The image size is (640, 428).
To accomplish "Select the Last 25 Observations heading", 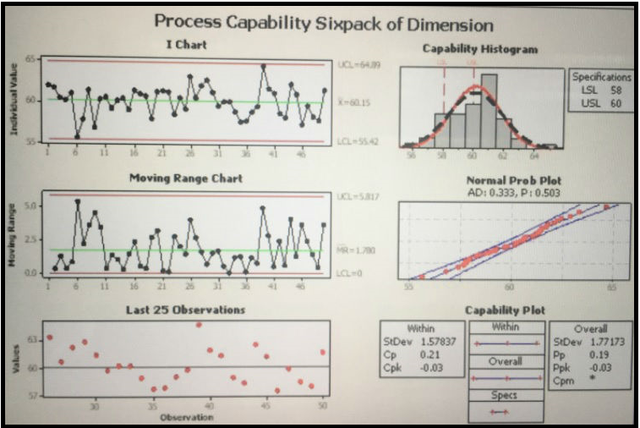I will (187, 310).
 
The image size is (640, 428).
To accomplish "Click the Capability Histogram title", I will (479, 49).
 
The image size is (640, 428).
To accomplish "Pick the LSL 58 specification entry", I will (601, 90).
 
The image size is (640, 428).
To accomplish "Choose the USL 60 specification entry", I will (601, 103).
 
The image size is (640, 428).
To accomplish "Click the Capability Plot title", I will (506, 310).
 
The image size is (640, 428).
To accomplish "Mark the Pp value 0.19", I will (597, 355).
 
